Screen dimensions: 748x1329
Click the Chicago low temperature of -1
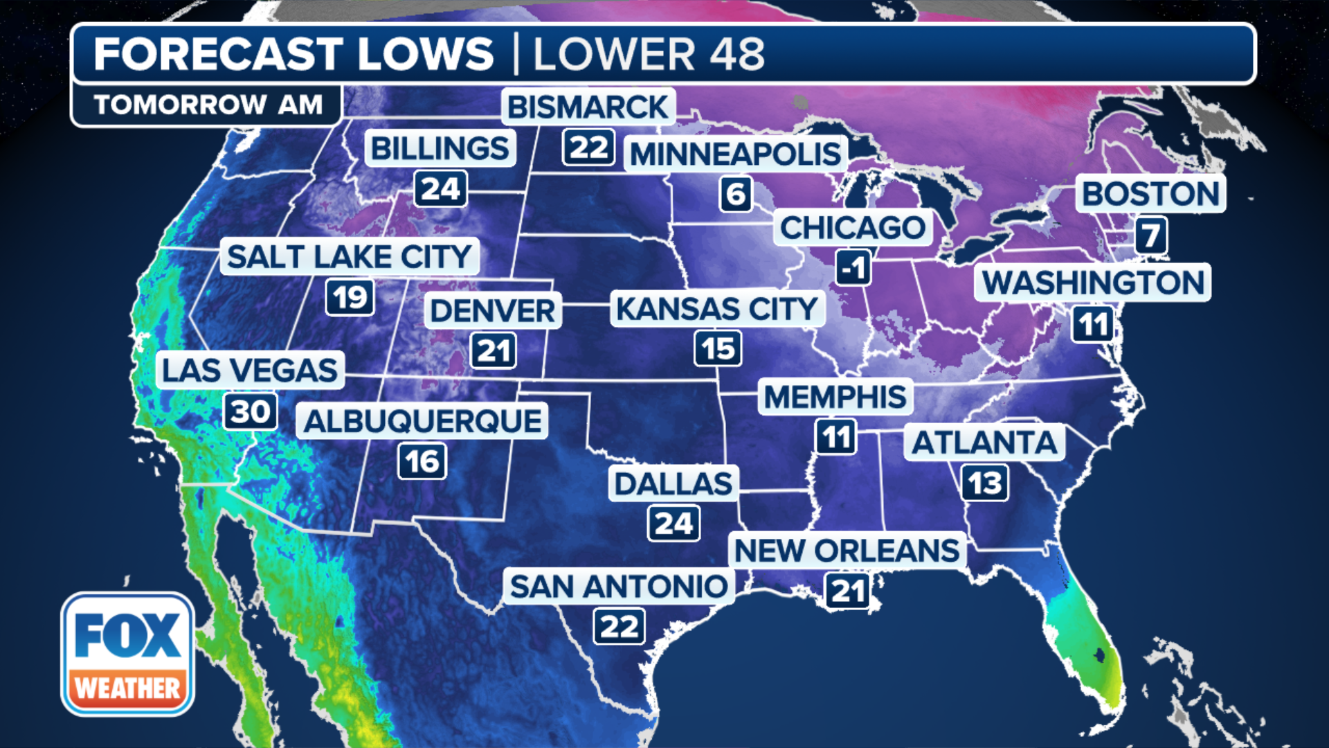pyautogui.click(x=853, y=268)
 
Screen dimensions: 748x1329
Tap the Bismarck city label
pyautogui.click(x=588, y=107)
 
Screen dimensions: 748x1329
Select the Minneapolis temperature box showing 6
pyautogui.click(x=736, y=194)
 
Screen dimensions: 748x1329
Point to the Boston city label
pyautogui.click(x=1150, y=194)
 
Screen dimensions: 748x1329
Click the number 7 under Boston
pyautogui.click(x=1151, y=235)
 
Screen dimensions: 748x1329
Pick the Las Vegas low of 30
pyautogui.click(x=250, y=412)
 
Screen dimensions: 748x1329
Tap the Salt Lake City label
pyautogui.click(x=350, y=257)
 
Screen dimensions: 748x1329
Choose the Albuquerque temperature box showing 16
pyautogui.click(x=422, y=461)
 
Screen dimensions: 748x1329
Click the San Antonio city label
pyautogui.click(x=619, y=587)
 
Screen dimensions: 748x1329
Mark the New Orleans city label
pyautogui.click(x=847, y=551)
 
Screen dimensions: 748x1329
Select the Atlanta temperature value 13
pyautogui.click(x=985, y=483)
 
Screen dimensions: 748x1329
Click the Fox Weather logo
pyautogui.click(x=128, y=654)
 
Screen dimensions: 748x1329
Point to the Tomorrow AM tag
pyautogui.click(x=208, y=105)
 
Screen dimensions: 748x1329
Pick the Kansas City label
pyautogui.click(x=717, y=309)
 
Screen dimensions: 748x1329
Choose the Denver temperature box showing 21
pyautogui.click(x=494, y=350)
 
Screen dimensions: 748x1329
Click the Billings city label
pyautogui.click(x=440, y=148)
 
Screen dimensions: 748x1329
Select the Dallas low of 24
pyautogui.click(x=673, y=524)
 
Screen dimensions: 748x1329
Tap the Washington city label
pyautogui.click(x=1093, y=283)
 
